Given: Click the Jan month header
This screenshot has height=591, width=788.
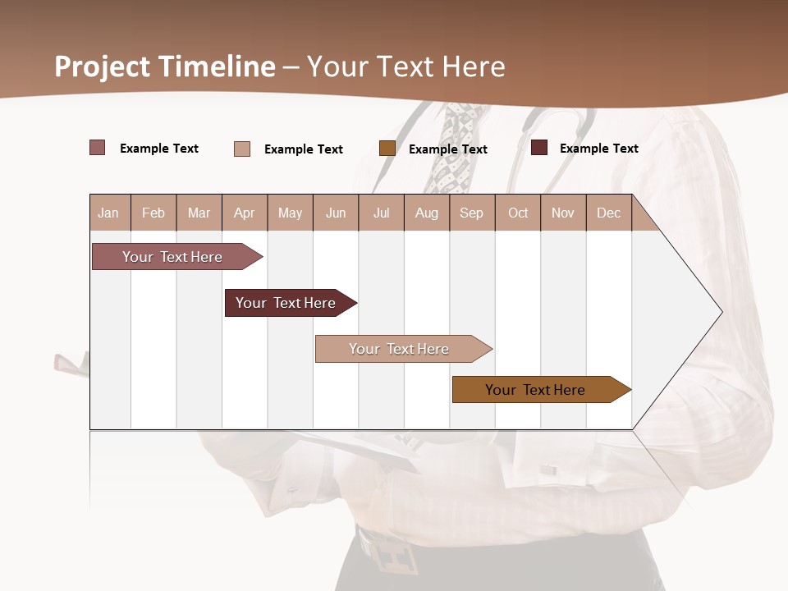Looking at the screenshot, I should tap(108, 213).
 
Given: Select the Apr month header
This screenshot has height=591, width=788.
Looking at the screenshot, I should tap(244, 213).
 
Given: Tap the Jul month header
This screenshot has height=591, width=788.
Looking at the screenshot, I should tap(381, 213).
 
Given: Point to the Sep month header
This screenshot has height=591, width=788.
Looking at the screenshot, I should tap(471, 213).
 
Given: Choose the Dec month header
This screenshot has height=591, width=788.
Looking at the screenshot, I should tap(608, 213).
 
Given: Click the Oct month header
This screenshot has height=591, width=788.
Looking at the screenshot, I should tap(518, 213).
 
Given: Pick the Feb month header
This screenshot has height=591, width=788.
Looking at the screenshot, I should tap(153, 213).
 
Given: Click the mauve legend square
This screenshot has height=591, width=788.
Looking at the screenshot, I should tap(98, 148).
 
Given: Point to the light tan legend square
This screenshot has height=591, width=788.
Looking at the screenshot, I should tap(242, 149).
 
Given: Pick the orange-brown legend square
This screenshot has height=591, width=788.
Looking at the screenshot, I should tap(387, 149).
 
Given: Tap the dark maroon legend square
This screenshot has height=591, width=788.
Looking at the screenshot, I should tap(539, 148).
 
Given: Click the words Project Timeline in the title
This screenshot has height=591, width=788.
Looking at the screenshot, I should tap(164, 66).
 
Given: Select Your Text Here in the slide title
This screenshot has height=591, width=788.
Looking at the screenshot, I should tap(406, 66).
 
